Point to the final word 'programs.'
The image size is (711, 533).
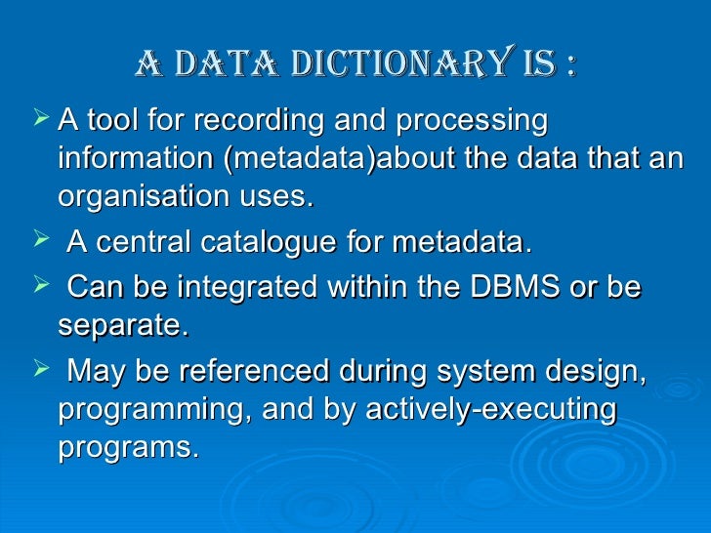click(128, 447)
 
